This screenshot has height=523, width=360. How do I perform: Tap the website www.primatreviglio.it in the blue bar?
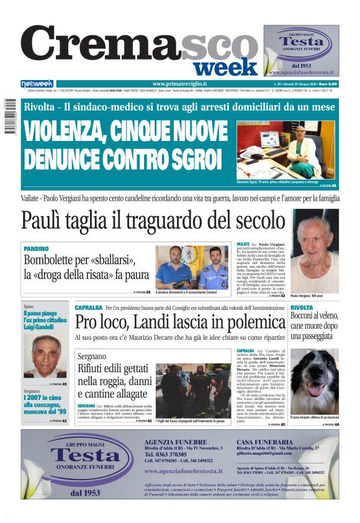click(x=179, y=84)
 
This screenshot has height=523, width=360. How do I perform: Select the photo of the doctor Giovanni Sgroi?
click(x=286, y=150)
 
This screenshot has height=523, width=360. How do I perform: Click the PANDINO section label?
click(x=35, y=248)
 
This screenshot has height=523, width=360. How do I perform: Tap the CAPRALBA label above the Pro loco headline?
click(x=88, y=307)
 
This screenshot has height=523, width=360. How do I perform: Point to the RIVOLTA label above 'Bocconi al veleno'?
click(x=302, y=307)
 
